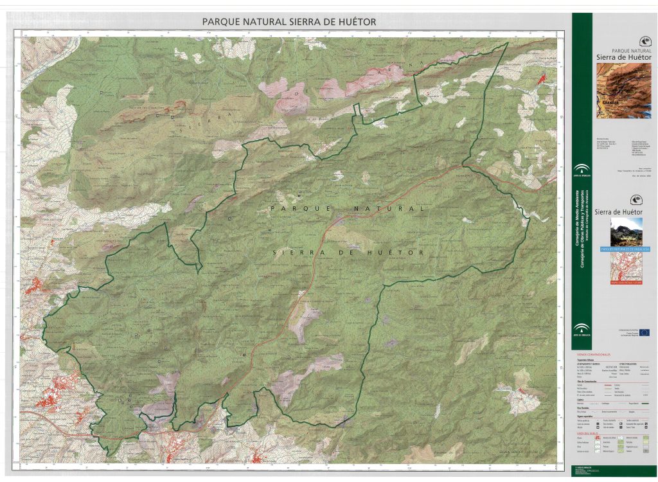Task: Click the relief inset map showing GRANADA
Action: [x=623, y=91]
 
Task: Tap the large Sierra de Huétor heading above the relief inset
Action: [x=623, y=57]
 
